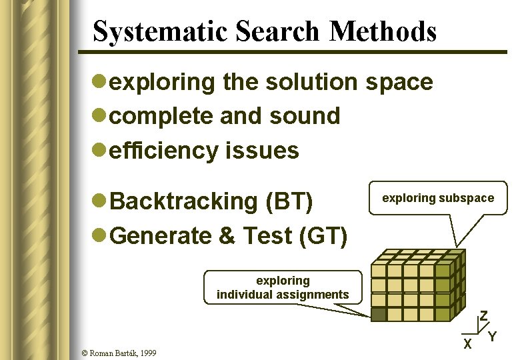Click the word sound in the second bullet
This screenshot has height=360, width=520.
pos(305,116)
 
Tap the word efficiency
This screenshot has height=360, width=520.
pos(163,151)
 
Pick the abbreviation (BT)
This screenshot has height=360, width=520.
pos(289,201)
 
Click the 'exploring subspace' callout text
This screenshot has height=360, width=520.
pos(438,198)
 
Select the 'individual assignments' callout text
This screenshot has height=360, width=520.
pos(283,294)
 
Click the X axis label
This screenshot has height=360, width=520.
pos(468,344)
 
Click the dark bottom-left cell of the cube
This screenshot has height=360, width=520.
pos(379,313)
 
